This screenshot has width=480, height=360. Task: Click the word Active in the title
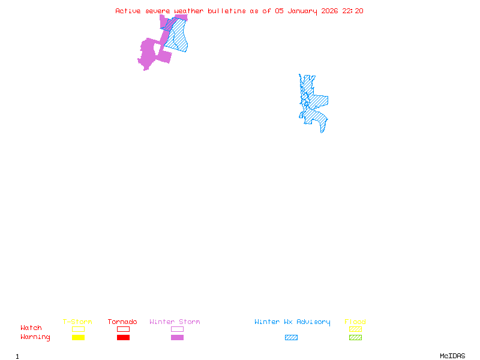click(128, 11)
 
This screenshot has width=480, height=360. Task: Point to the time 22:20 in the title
click(353, 11)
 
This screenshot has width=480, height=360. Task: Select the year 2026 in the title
click(329, 11)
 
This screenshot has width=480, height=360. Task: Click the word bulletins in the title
click(227, 11)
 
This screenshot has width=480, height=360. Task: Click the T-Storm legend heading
click(77, 322)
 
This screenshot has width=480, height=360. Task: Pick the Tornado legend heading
click(122, 322)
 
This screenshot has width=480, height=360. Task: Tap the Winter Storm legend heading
click(175, 322)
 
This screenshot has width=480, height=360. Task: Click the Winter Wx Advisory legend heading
click(292, 322)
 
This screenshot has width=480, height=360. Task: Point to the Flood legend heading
click(355, 322)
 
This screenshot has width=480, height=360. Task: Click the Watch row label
click(31, 328)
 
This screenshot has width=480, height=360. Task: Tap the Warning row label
click(35, 337)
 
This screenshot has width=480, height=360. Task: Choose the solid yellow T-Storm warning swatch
click(78, 338)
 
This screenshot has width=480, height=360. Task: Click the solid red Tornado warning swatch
click(123, 338)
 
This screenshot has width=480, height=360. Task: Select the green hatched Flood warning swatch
click(355, 338)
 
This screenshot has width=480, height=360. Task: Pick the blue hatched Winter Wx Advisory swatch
click(291, 338)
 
